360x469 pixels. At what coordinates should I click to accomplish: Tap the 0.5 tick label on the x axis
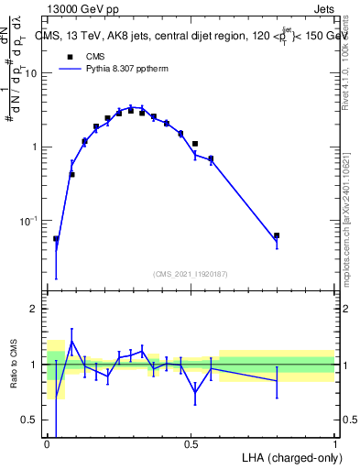pyautogui.click(x=191, y=444)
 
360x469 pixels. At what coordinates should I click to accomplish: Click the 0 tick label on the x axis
pyautogui.click(x=47, y=444)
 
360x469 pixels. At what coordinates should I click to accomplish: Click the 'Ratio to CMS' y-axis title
pyautogui.click(x=14, y=364)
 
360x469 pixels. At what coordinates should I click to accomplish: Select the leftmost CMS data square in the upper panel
pyautogui.click(x=56, y=239)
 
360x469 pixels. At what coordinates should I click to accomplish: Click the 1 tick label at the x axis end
pyautogui.click(x=334, y=444)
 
